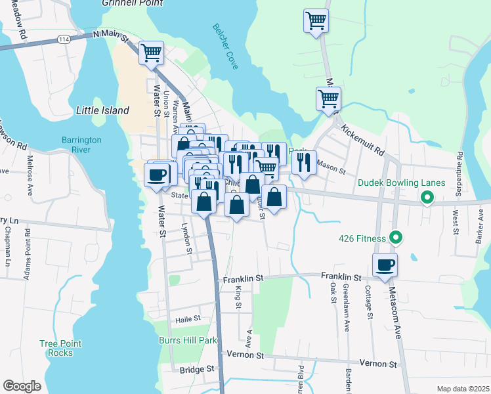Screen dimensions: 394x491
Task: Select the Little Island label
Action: tap(103, 110)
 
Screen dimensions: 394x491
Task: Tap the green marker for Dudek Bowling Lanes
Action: tap(427, 196)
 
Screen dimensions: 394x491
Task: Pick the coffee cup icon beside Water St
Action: tap(156, 175)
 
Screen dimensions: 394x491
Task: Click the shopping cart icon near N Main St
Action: tap(151, 53)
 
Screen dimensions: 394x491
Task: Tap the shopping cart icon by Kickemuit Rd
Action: tap(328, 99)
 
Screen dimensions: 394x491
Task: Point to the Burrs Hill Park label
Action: tap(187, 340)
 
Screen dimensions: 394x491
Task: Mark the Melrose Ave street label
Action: tap(30, 172)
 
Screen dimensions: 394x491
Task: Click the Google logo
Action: tap(22, 385)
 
